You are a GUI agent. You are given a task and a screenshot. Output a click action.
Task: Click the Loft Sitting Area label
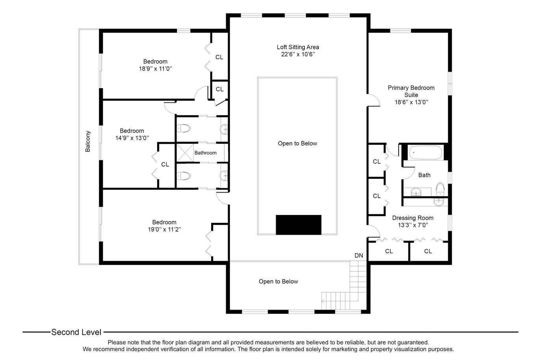click(x=298, y=47)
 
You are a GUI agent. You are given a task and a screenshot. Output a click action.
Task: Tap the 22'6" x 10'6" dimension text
click(x=298, y=54)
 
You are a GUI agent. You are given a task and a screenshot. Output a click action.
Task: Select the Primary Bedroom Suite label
click(x=411, y=91)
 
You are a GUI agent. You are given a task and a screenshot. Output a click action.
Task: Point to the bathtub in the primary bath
click(x=426, y=152)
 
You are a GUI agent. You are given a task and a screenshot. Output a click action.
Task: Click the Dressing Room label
click(x=413, y=218)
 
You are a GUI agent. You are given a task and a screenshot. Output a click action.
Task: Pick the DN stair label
click(x=359, y=256)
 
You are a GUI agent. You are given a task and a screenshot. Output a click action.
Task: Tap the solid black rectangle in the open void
click(x=299, y=225)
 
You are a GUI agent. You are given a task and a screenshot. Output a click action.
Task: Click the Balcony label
click(x=88, y=141)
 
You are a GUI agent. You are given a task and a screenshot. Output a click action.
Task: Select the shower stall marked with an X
click(x=185, y=153)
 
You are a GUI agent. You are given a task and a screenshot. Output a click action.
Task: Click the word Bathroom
click(x=205, y=153)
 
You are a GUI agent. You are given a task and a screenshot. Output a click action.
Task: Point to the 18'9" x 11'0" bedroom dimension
click(x=156, y=69)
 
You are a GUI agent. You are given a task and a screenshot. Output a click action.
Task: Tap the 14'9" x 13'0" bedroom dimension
click(x=132, y=138)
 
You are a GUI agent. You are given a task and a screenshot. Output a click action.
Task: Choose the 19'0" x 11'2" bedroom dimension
click(x=164, y=229)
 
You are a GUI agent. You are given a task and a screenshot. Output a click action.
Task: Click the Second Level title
click(x=76, y=332)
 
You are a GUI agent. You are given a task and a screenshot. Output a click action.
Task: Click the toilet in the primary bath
click(x=440, y=189)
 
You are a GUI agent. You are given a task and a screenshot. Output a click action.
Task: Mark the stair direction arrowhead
click(x=323, y=301)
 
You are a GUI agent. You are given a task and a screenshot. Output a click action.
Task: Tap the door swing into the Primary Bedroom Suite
click(x=374, y=100)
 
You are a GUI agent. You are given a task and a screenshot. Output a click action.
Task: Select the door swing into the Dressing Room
click(x=374, y=231)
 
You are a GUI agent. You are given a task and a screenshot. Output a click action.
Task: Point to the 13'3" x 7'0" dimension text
click(x=413, y=225)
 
